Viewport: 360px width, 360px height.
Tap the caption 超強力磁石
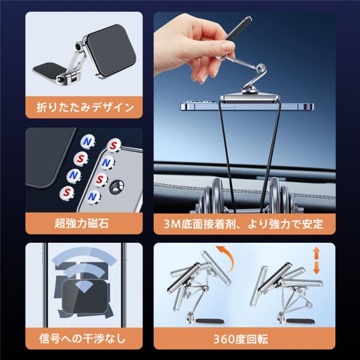pyautogui.click(x=82, y=223)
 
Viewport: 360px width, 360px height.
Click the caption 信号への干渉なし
pyautogui.click(x=82, y=339)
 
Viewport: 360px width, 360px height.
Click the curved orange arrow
pyautogui.click(x=226, y=257)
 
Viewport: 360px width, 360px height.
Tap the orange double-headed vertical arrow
pyautogui.click(x=317, y=260)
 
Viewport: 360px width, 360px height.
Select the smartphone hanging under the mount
pyautogui.click(x=246, y=106)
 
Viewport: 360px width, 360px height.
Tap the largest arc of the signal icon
pyautogui.click(x=84, y=255)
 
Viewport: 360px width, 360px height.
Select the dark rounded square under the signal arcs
pyautogui.click(x=84, y=296)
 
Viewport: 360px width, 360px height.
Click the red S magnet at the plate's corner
pyautogui.click(x=114, y=146)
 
